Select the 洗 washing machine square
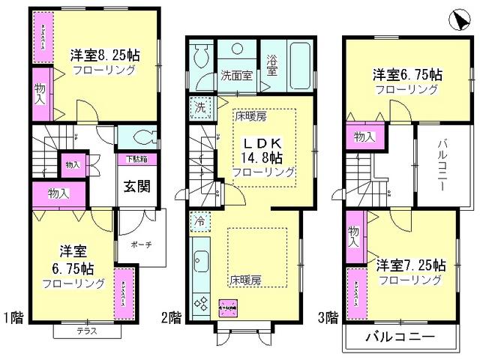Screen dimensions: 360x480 (200, 106)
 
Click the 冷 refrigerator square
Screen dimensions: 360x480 (200, 222)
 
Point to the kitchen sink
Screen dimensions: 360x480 (201, 262)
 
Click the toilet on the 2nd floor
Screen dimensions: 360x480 (201, 56)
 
